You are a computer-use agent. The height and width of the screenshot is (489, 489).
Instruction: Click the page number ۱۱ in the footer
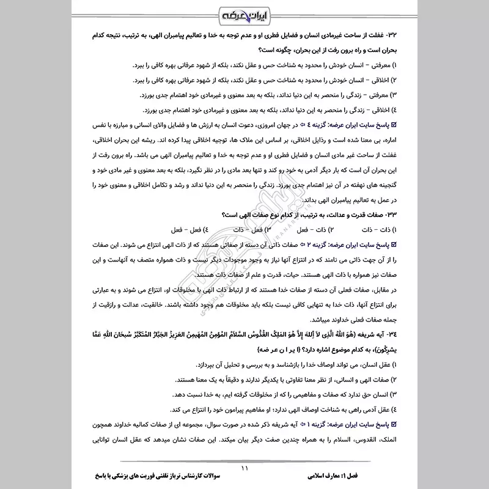pyautogui.click(x=244, y=469)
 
